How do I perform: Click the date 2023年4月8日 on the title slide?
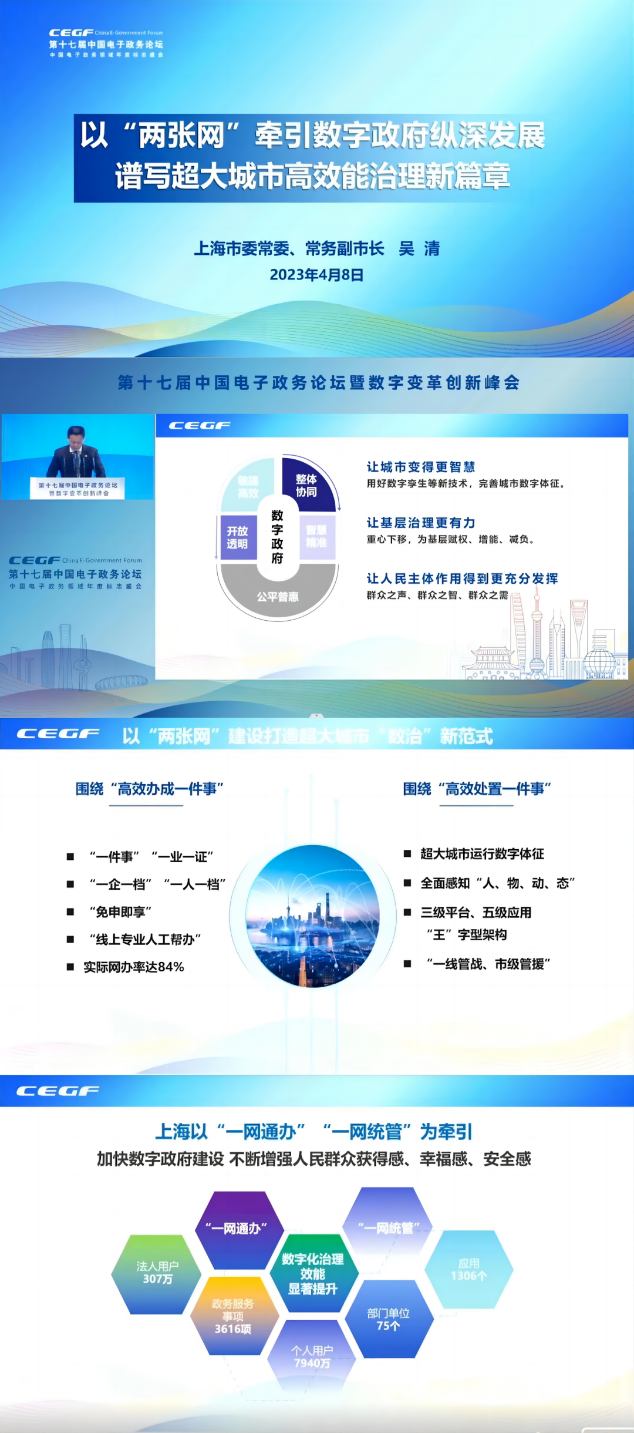tap(316, 275)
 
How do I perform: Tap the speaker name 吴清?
tap(419, 249)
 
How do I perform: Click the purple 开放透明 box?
tap(238, 537)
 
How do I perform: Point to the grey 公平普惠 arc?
tap(278, 596)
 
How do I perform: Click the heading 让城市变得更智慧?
tap(421, 467)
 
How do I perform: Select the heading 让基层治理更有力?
tap(421, 523)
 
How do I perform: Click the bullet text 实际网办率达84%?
tap(134, 967)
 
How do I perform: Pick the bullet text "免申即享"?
tap(120, 911)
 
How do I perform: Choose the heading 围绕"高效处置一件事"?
tap(477, 789)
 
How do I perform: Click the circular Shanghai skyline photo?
tap(313, 916)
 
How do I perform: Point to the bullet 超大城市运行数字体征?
tap(482, 854)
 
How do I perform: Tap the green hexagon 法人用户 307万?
tap(157, 1273)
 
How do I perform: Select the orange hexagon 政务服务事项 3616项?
tap(233, 1316)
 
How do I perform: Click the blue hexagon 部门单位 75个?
tap(389, 1319)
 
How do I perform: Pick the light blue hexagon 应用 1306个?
tap(469, 1269)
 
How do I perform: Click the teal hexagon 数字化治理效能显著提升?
tap(313, 1274)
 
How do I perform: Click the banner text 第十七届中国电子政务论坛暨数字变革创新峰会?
tap(319, 383)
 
